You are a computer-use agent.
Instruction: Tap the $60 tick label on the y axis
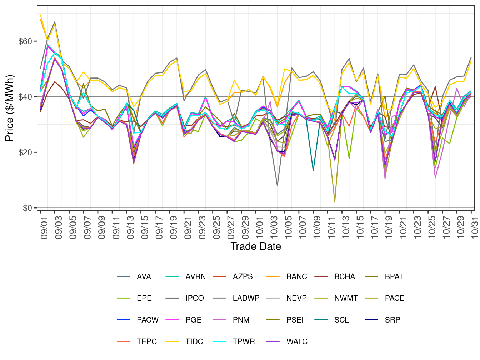25,41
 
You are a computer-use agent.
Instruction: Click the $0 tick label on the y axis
27,208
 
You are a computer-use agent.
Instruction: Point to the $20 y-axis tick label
25,152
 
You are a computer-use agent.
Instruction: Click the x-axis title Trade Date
256,246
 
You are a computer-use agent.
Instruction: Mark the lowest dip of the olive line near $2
335,202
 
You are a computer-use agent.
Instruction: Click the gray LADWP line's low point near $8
277,186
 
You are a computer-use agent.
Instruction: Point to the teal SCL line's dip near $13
313,171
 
